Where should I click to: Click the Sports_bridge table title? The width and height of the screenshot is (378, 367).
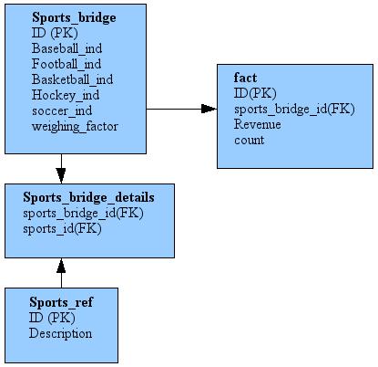point(76,17)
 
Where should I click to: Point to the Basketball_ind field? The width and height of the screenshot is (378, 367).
point(72,79)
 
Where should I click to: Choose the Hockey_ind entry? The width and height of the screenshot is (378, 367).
point(66,95)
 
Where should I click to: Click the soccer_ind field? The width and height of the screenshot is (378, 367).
point(62,110)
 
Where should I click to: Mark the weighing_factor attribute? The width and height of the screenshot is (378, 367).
point(75,126)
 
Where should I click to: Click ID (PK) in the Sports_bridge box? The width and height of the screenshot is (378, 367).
point(54,33)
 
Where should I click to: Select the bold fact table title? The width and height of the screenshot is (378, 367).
point(245,78)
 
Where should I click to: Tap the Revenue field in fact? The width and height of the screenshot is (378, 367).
point(258,124)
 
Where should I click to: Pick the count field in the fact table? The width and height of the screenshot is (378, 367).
point(249,140)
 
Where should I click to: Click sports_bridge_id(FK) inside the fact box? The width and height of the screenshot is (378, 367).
point(293,109)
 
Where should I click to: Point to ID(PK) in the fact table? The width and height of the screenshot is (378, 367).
point(255,93)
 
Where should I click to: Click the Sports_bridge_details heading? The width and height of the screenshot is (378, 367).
point(88,196)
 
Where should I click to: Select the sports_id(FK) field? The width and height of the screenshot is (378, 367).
point(63,228)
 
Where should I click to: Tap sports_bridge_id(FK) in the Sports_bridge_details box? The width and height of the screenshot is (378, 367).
point(83,213)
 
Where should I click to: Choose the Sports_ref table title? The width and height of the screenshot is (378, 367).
point(61,301)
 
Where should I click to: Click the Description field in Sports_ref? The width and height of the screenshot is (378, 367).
point(61,333)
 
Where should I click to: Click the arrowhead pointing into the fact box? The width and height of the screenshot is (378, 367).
point(209,109)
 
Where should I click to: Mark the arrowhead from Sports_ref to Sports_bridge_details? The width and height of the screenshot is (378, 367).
point(61,266)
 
